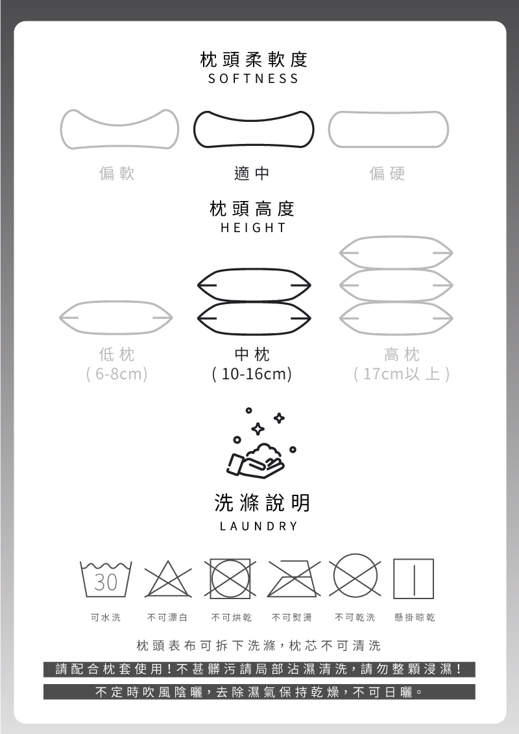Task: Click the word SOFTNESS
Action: pos(254,78)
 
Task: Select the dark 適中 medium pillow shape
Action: pos(254,113)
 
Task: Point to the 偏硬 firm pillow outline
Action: pos(389,112)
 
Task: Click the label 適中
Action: pos(252,174)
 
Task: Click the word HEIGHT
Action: pos(254,228)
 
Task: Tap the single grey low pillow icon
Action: pos(115,302)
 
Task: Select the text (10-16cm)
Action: pos(252,373)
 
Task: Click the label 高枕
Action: pos(402,355)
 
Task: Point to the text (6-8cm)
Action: pos(117,373)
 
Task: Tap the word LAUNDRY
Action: pos(259,526)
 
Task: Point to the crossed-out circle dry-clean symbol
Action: pos(355,554)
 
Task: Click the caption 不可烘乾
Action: pos(232,617)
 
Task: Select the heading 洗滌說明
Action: pos(262,503)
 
